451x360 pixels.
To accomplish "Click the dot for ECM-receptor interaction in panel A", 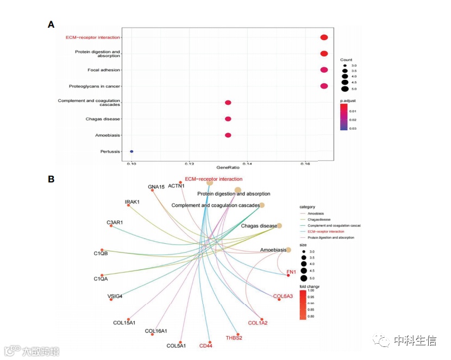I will point(324,37).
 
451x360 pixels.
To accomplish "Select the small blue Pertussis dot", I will point(131,151).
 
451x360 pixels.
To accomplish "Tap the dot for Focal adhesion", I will point(324,70).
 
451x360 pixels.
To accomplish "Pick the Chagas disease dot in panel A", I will point(228,119).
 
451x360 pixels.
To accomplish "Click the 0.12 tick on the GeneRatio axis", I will point(189,163).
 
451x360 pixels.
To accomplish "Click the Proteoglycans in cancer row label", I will point(95,86).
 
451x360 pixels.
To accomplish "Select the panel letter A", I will point(51,24).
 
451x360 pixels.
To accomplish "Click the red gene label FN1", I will point(291,271).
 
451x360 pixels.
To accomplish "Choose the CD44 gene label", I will point(206,346).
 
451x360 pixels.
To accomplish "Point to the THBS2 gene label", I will point(234,338).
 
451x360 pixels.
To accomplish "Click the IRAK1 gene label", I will point(132,202).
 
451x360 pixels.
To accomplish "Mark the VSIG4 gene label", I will point(115,296).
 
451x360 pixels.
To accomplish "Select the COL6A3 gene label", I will point(283,296).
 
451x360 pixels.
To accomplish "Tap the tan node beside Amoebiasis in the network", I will point(289,250).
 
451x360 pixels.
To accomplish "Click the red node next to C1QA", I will point(102,276).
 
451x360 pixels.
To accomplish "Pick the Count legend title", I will point(347,59).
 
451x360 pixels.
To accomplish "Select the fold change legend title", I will point(310,286).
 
